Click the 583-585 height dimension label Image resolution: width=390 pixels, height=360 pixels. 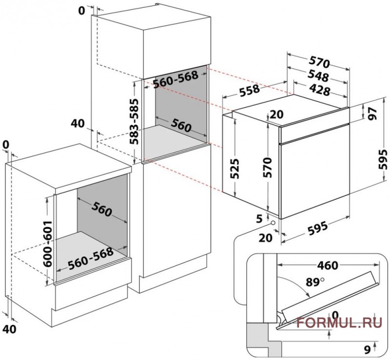pos(135,122)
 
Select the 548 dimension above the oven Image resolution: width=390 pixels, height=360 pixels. pos(318,76)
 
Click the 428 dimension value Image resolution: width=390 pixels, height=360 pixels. pos(319,90)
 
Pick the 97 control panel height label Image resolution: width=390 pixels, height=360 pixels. pos(373,114)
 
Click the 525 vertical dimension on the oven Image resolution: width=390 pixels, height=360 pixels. pos(234,169)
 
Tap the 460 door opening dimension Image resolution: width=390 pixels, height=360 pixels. pos(328,265)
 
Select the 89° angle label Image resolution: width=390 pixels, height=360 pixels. pos(314,282)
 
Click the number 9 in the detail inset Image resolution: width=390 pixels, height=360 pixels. pos(368,350)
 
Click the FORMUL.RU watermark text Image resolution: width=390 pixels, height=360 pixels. pos(339,322)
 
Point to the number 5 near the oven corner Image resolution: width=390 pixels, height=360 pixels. pos(259,219)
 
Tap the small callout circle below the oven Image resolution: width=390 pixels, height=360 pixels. pos(273,223)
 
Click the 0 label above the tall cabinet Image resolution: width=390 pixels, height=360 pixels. pos(81,11)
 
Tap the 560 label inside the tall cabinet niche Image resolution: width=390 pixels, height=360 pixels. pos(181,125)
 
